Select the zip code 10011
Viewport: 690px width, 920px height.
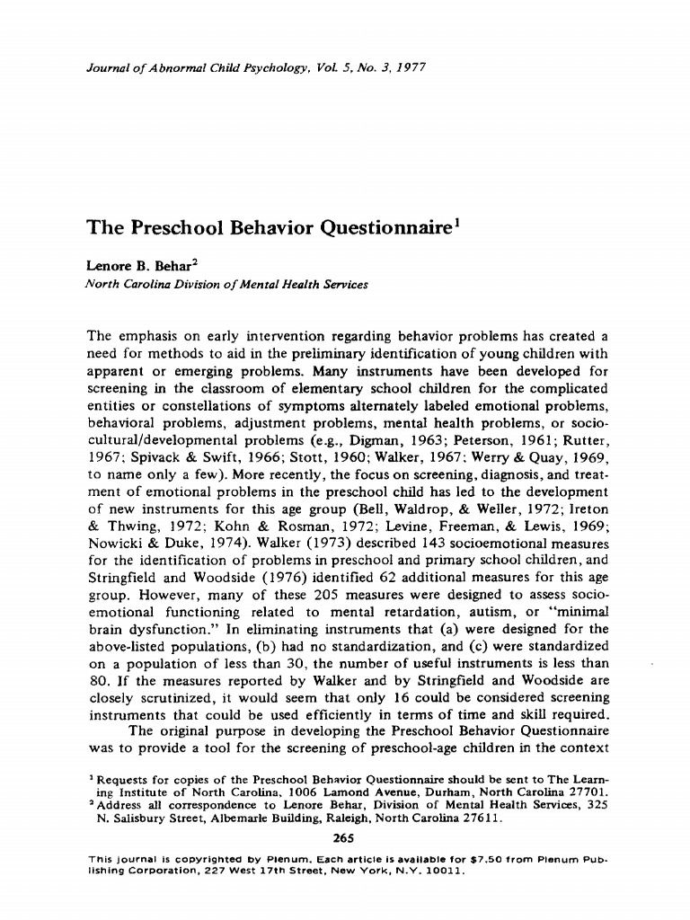click(x=442, y=871)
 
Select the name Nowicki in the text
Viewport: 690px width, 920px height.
click(x=119, y=544)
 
